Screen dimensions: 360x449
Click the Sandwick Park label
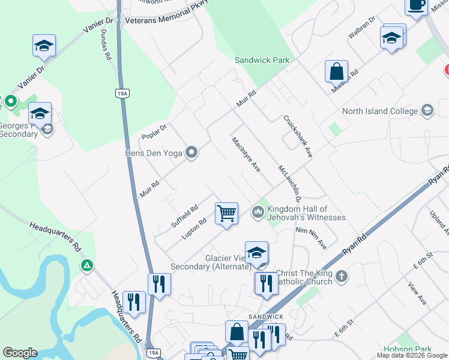click(x=262, y=60)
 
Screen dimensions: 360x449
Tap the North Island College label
click(x=379, y=111)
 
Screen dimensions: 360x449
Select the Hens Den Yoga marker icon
click(x=191, y=153)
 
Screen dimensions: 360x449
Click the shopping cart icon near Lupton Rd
click(x=227, y=213)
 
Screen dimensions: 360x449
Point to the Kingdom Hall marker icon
click(x=258, y=212)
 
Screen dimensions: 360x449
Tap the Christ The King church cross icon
click(x=342, y=277)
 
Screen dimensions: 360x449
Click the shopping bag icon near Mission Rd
click(x=337, y=71)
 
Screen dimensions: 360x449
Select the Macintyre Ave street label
click(x=246, y=154)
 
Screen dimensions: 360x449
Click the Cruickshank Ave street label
click(x=298, y=137)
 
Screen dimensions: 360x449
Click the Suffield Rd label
click(x=184, y=217)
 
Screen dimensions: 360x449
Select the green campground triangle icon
click(x=87, y=265)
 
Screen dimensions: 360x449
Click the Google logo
click(x=20, y=353)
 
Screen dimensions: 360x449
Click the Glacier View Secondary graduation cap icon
click(x=256, y=252)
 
